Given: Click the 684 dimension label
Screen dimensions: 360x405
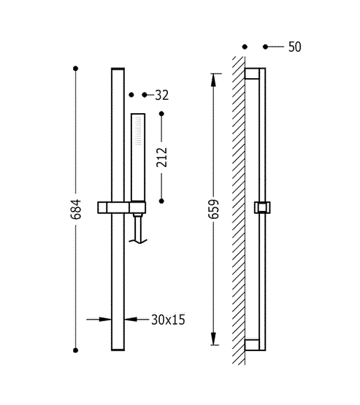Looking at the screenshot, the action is click(75, 209).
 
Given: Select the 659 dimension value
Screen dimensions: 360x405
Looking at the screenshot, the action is click(213, 209).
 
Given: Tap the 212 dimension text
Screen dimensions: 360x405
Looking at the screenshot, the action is click(162, 158).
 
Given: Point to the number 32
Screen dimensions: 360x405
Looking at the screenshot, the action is click(162, 95).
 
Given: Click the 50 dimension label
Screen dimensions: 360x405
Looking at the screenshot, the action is click(294, 47).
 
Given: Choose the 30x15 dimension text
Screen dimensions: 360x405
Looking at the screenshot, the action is click(168, 320).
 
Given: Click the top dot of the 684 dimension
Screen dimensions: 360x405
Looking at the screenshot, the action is click(75, 69).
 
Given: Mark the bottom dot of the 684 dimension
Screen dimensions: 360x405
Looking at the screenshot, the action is click(75, 350).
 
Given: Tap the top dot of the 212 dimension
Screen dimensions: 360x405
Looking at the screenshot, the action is click(162, 114).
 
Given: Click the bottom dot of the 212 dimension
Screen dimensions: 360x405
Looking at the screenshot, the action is click(161, 201).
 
